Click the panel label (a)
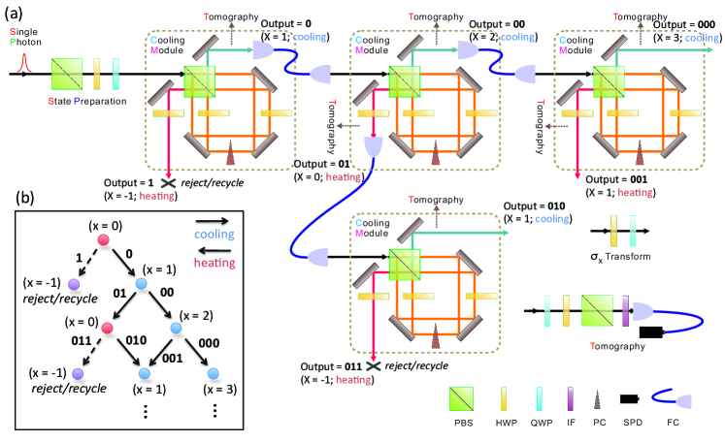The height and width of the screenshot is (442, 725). point(16,13)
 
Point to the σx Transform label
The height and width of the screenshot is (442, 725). point(624,256)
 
